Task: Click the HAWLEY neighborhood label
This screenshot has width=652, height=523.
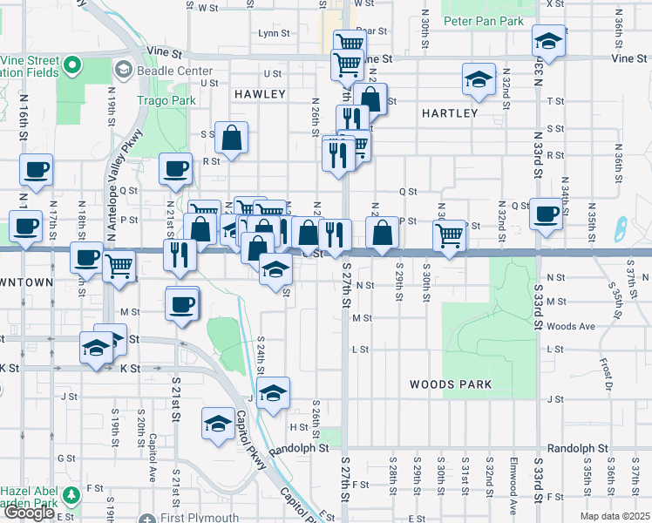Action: (260, 93)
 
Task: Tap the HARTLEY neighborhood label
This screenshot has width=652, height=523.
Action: (450, 113)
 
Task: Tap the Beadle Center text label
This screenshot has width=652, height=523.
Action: (167, 69)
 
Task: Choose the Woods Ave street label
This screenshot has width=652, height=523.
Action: (572, 326)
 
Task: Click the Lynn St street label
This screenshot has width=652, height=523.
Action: (274, 33)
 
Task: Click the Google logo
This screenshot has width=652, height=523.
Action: (29, 512)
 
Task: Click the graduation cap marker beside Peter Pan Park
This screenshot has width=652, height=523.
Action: (548, 40)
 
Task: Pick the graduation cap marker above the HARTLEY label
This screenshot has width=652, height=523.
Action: (479, 78)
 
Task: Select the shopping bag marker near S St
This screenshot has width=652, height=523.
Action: (231, 137)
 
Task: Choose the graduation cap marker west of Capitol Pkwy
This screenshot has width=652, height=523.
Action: (217, 424)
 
